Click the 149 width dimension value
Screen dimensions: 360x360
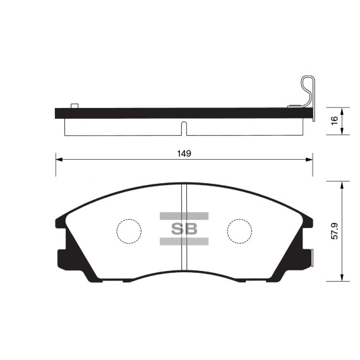pyautogui.click(x=184, y=153)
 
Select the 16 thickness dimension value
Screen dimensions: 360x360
pyautogui.click(x=335, y=119)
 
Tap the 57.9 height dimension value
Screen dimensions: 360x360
pyautogui.click(x=335, y=231)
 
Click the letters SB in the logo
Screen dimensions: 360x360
pyautogui.click(x=184, y=229)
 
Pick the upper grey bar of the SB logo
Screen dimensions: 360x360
pyautogui.click(x=184, y=216)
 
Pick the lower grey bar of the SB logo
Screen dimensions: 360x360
pyautogui.click(x=184, y=241)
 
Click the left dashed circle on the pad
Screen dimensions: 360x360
pyautogui.click(x=129, y=231)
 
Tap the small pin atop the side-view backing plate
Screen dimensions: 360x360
pyautogui.click(x=74, y=105)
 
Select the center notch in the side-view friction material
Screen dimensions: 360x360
pyautogui.click(x=183, y=128)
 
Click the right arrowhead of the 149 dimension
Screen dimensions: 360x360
pyautogui.click(x=310, y=160)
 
